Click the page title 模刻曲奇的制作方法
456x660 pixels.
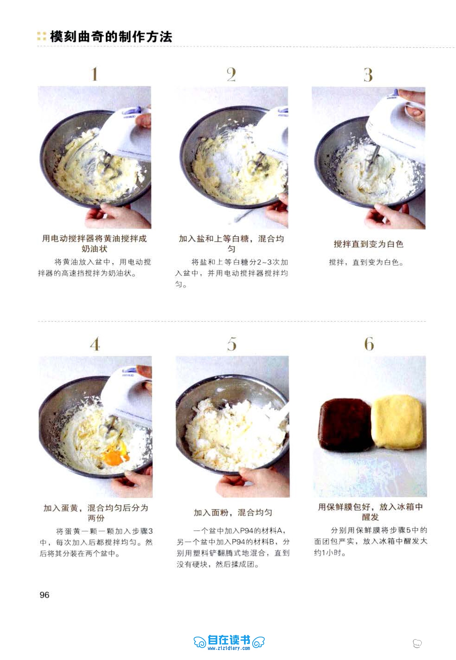(111, 37)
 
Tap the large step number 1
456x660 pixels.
(95, 74)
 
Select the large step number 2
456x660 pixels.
(231, 74)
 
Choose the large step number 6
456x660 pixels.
(369, 344)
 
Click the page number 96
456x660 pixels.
(44, 595)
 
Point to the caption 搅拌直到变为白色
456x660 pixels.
(368, 244)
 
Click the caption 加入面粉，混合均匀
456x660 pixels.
(233, 512)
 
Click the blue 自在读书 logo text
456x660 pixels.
(229, 640)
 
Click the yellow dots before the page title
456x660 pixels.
(42, 36)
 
